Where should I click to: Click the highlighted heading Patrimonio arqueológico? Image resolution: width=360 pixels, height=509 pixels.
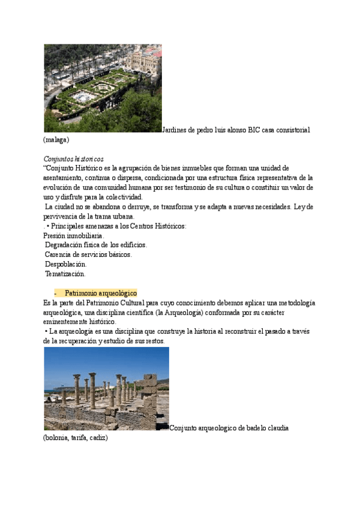pos(101,293)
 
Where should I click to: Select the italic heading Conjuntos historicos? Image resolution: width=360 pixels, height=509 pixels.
pos(74,159)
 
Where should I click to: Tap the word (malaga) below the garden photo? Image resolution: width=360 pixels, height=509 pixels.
pos(57,139)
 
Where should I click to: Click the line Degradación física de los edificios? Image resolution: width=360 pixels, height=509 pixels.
pos(96,245)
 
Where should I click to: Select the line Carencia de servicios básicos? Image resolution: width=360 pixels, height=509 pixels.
pos(89,254)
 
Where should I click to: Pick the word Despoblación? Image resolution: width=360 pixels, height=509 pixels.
pos(66,264)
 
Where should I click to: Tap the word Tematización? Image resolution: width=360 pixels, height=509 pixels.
pos(65,274)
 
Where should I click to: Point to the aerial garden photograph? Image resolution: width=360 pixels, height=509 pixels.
pos(103,88)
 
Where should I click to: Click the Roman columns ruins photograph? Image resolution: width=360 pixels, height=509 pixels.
pos(106,388)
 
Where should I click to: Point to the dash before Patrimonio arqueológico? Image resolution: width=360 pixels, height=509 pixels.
pos(55,293)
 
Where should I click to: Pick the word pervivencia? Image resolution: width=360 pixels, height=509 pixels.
pos(63,216)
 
